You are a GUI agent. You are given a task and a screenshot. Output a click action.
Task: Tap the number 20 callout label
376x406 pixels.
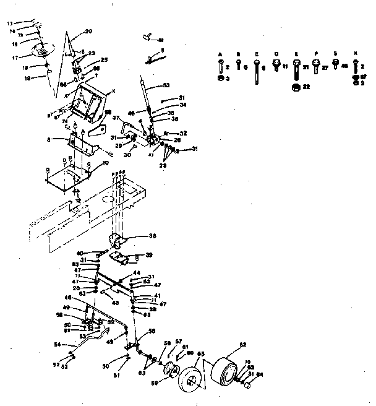click(88, 31)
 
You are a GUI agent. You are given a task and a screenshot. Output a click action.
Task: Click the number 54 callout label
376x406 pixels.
click(57, 344)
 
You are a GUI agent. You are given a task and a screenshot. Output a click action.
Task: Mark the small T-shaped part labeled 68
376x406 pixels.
click(148, 37)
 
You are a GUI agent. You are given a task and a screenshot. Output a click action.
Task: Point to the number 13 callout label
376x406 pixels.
click(10, 23)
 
